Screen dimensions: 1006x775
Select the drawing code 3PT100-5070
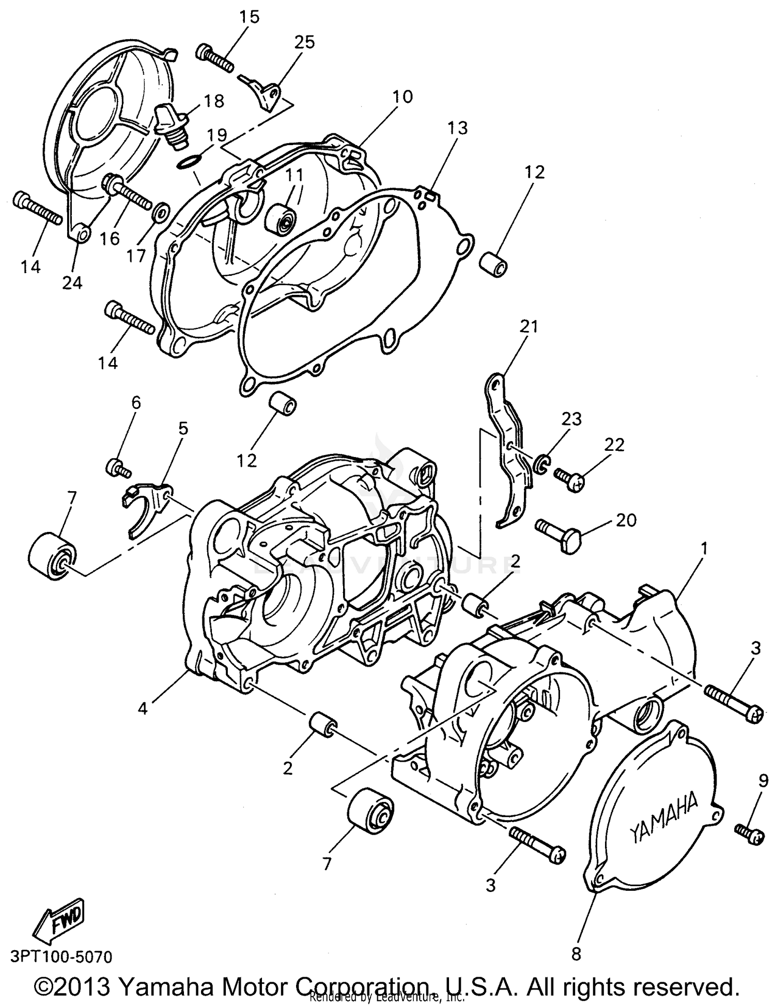(x=61, y=957)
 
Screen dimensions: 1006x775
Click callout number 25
(x=304, y=42)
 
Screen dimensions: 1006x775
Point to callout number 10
(x=402, y=97)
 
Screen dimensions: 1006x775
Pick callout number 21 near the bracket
(x=529, y=326)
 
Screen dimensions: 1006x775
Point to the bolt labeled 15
(x=214, y=59)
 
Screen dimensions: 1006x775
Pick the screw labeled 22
(x=570, y=479)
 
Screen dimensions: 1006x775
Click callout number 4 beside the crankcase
(x=143, y=709)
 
